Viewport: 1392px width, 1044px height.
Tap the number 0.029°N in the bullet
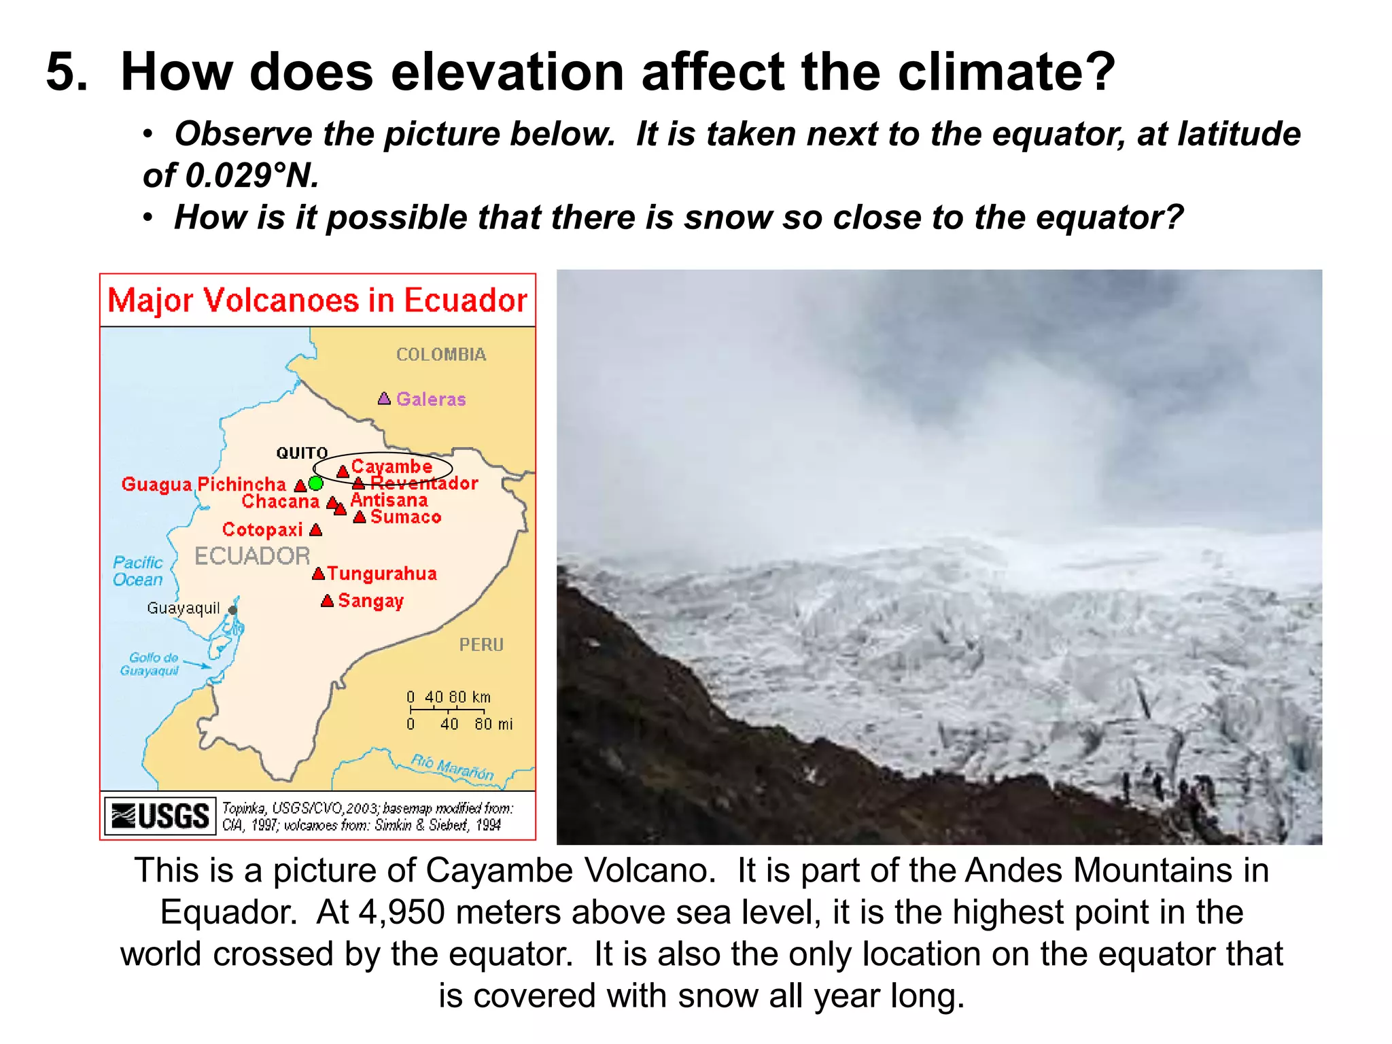coord(231,176)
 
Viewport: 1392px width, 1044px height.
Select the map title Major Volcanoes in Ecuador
coord(317,300)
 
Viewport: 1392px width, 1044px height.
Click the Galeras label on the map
coord(431,399)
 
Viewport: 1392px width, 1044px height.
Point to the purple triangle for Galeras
coord(384,398)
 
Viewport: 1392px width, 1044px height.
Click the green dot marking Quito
coord(315,483)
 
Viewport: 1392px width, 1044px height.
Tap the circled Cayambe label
coord(391,467)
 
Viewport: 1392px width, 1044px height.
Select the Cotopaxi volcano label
coord(262,529)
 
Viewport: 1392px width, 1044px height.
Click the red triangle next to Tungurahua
coord(318,574)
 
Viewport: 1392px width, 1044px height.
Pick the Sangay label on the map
coord(370,601)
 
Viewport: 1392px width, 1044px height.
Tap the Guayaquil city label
coord(184,608)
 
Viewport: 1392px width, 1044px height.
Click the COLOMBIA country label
coord(441,355)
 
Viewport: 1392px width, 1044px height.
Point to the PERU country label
coord(481,644)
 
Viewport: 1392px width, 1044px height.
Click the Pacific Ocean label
coord(138,571)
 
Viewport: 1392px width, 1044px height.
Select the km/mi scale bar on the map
coord(447,710)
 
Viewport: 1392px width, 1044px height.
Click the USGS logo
coord(160,816)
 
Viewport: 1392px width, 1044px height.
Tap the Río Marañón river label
coord(452,767)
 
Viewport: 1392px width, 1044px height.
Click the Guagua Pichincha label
coord(203,485)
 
